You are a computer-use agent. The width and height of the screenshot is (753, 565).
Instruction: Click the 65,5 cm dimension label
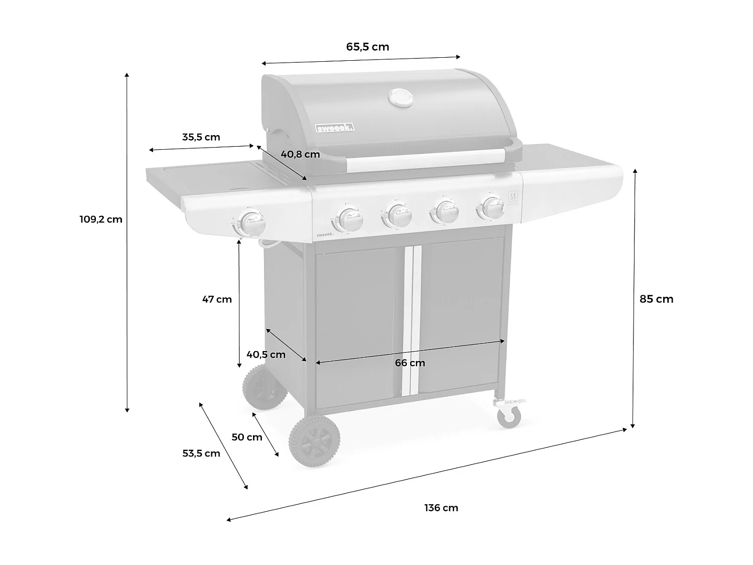tap(367, 47)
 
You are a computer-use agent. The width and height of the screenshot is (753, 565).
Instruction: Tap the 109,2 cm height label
tap(100, 219)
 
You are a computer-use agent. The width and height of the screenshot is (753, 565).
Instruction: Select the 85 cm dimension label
tap(656, 299)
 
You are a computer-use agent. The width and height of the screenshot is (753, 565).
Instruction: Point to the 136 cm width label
tap(441, 508)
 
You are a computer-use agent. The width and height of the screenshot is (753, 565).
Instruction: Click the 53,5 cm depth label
tap(201, 454)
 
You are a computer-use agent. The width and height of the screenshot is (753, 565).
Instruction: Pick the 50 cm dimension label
tap(246, 437)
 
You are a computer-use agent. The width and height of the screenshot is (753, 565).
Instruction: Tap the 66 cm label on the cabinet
tap(410, 363)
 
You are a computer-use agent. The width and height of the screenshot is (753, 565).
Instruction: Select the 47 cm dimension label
tap(217, 299)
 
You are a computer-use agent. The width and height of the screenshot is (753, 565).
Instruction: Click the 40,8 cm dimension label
tap(300, 154)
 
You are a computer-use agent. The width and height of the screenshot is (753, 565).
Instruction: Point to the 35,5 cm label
tap(201, 137)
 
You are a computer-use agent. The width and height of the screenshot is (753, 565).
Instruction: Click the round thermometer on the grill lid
tap(401, 97)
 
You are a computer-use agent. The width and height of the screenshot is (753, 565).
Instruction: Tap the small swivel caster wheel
tap(509, 416)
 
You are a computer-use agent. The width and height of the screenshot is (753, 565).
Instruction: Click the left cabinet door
tap(359, 321)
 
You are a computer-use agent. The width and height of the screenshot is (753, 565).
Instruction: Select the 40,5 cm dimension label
tap(266, 354)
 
